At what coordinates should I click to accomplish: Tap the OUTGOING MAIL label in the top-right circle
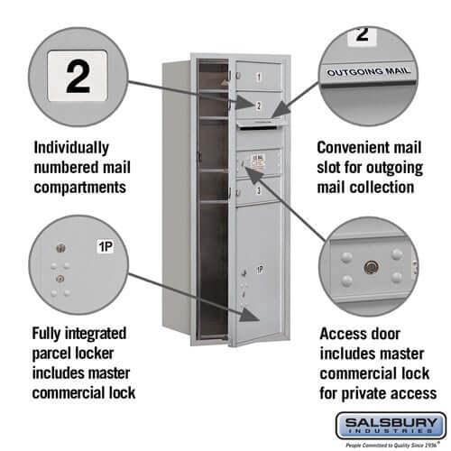point(367,69)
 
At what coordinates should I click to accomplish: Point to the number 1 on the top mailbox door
point(258,78)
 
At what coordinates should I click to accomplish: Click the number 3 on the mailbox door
point(258,191)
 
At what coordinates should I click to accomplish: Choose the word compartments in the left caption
point(78,188)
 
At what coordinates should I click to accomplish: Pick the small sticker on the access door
point(255,162)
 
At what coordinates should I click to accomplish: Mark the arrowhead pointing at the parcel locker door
point(244,314)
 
